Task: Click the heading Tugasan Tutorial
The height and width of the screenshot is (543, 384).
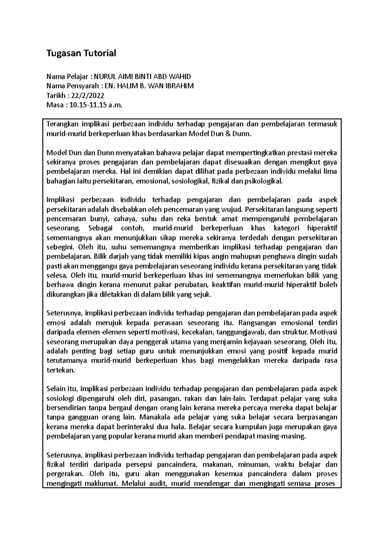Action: [81, 53]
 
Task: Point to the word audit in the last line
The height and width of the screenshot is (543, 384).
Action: [159, 484]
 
